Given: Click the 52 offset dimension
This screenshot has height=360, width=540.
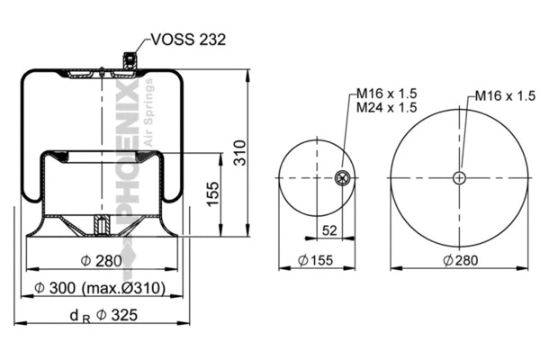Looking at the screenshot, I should pyautogui.click(x=329, y=231).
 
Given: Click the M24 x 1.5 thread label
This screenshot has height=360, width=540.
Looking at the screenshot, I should pyautogui.click(x=387, y=107).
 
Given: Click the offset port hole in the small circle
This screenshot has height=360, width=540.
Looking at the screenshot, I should pyautogui.click(x=343, y=178).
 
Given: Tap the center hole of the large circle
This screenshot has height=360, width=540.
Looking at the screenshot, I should pyautogui.click(x=460, y=178).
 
